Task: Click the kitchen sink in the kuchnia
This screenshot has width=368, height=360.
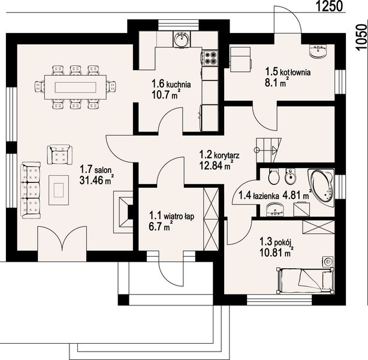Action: pyautogui.click(x=181, y=40)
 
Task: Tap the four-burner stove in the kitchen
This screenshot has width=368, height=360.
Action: pyautogui.click(x=210, y=58)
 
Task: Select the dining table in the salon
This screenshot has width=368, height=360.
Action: pyautogui.click(x=76, y=87)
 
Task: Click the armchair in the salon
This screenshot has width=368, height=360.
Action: pyautogui.click(x=59, y=155)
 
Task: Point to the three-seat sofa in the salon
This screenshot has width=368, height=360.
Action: pyautogui.click(x=31, y=190)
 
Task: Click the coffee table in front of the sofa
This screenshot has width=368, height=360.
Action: pyautogui.click(x=59, y=190)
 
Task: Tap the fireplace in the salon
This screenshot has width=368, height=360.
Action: pyautogui.click(x=123, y=212)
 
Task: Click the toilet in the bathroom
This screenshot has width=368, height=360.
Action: pyautogui.click(x=274, y=176)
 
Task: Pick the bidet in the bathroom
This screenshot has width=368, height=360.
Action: pyautogui.click(x=290, y=176)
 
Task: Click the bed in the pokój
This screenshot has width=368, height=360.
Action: pyautogui.click(x=306, y=281)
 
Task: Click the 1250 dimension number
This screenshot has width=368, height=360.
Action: pyautogui.click(x=330, y=7)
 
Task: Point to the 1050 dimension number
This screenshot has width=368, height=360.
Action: pyautogui.click(x=361, y=37)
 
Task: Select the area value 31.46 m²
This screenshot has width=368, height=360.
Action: pyautogui.click(x=96, y=180)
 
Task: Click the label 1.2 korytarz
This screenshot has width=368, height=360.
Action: pyautogui.click(x=219, y=155)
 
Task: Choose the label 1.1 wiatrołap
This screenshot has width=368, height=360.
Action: pyautogui.click(x=172, y=216)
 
